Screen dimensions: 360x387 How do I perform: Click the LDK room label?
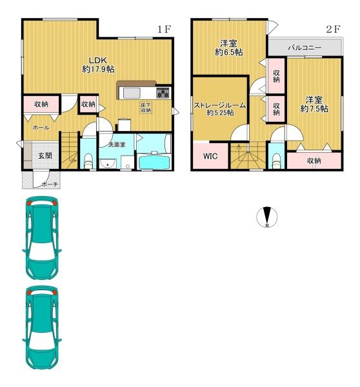click(x=98, y=60)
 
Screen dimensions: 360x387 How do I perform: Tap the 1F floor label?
click(x=165, y=30)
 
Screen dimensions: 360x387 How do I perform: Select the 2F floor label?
click(x=333, y=30)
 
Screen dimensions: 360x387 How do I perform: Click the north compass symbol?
click(x=266, y=217)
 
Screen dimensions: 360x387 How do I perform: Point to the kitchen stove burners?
click(x=163, y=93)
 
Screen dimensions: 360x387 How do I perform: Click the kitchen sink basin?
click(x=132, y=93)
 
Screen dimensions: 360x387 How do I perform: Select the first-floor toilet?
click(x=88, y=161)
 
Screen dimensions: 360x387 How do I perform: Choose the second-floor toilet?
click(x=276, y=161)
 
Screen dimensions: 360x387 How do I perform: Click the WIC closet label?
click(x=210, y=156)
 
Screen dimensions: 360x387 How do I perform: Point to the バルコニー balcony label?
click(x=305, y=47)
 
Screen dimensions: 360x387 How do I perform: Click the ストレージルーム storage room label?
click(x=220, y=105)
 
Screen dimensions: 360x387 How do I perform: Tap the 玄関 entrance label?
click(x=45, y=155)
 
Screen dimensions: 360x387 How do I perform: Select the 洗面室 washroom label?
click(x=117, y=144)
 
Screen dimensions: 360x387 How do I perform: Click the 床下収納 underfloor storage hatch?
click(x=146, y=108)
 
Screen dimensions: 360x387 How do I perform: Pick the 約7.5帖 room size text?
click(x=314, y=108)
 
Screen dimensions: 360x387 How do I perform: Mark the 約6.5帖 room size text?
click(x=228, y=52)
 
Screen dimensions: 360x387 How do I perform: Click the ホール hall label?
click(x=41, y=128)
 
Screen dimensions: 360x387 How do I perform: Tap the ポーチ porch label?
click(x=50, y=184)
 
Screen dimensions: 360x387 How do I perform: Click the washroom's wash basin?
click(x=108, y=164)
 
